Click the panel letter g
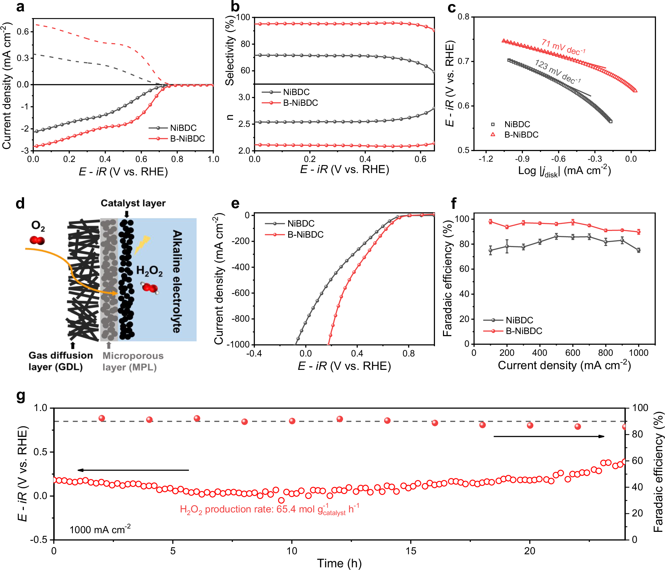point(21,396)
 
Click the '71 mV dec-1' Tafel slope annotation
point(563,47)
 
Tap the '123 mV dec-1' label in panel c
point(558,71)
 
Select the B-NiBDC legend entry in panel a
point(187,139)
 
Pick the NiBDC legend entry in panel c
point(517,124)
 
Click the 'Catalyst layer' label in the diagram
point(133,203)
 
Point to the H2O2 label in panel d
point(149,270)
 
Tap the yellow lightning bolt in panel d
point(142,244)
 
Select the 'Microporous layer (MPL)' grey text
point(132,361)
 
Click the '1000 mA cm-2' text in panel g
point(100,530)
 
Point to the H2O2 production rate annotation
point(269,509)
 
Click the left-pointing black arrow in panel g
point(133,470)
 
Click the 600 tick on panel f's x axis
point(572,352)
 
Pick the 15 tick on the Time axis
point(411,551)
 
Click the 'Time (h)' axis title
point(339,563)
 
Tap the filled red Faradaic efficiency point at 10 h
point(292,421)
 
